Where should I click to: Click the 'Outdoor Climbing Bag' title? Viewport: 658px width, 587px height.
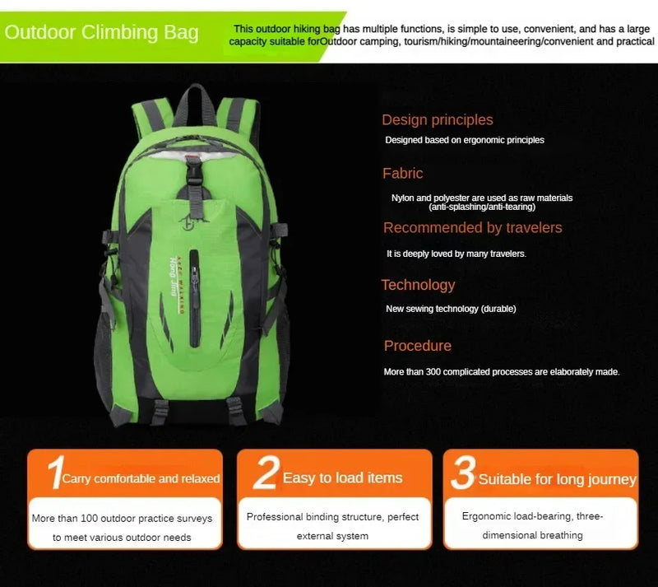click(x=101, y=32)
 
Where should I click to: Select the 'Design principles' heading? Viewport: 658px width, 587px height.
click(x=438, y=120)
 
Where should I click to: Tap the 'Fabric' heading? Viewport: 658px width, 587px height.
click(x=402, y=173)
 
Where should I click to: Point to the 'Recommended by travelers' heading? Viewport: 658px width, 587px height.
click(x=472, y=228)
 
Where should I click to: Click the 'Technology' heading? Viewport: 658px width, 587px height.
click(x=418, y=286)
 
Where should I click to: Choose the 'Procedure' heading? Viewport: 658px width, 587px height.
click(x=418, y=346)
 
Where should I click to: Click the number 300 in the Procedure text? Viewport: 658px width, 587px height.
click(x=433, y=372)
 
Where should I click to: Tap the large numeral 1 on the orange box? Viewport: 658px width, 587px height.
click(x=56, y=473)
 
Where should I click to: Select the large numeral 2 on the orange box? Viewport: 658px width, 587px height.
click(x=266, y=473)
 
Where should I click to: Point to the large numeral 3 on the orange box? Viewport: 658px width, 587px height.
click(x=463, y=473)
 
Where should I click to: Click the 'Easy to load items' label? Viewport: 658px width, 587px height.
click(x=342, y=478)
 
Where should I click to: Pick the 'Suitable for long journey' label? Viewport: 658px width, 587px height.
click(x=558, y=479)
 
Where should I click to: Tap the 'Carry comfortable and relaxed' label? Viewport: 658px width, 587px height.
click(x=141, y=478)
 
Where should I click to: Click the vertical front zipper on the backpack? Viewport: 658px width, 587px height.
click(x=194, y=298)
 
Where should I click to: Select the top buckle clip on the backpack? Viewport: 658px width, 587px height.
click(x=194, y=170)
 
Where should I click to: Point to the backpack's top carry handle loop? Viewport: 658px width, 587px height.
click(x=195, y=99)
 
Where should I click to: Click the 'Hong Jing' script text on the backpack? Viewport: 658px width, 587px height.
click(x=173, y=277)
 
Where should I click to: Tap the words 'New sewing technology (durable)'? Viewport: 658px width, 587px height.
click(x=451, y=309)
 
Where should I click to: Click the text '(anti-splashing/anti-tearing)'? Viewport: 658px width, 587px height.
click(x=482, y=207)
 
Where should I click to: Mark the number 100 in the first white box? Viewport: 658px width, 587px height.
click(x=89, y=518)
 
